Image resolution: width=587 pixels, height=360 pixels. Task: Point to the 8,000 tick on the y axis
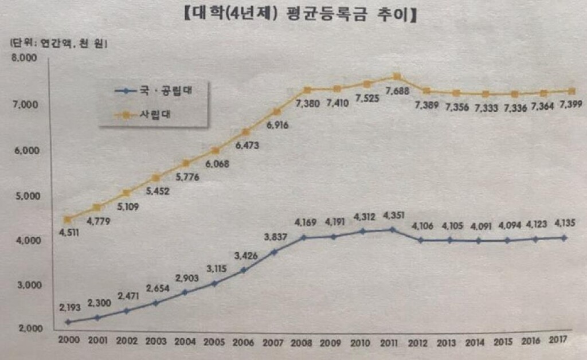(x=23, y=58)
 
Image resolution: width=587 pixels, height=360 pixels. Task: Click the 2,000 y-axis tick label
(x=23, y=329)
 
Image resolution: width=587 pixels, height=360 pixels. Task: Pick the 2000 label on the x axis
(x=68, y=340)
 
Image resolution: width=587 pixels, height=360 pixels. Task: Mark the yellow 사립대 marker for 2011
(x=397, y=77)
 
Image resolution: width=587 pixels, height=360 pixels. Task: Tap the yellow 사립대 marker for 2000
(x=68, y=220)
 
